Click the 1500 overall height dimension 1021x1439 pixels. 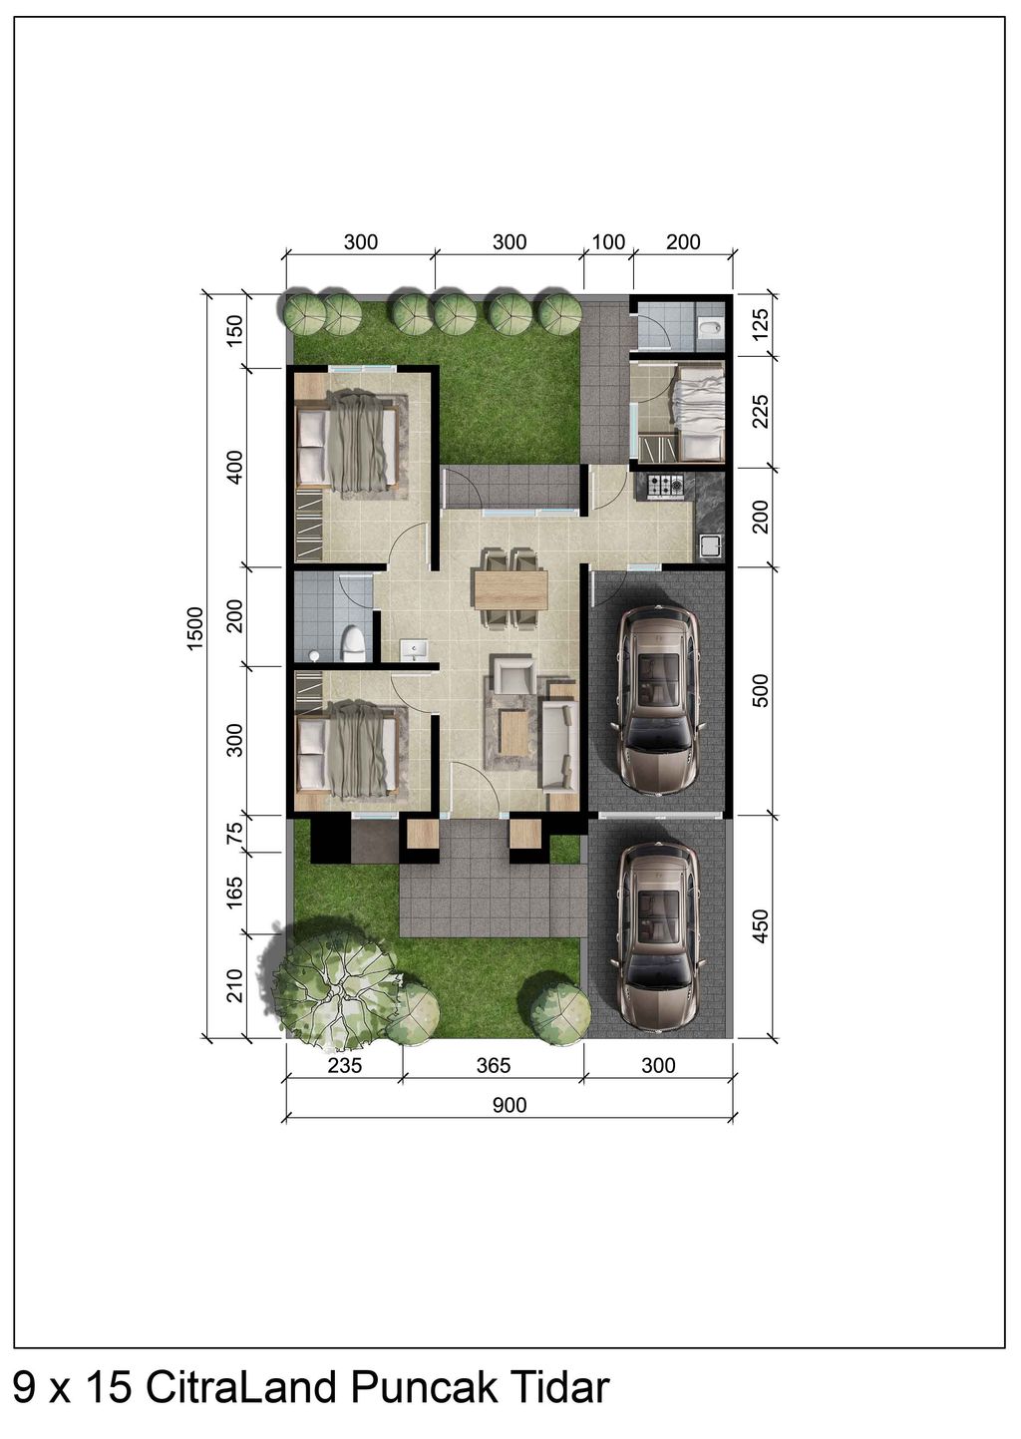(x=194, y=628)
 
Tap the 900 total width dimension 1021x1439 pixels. (x=510, y=1105)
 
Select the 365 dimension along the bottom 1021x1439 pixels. (x=494, y=1065)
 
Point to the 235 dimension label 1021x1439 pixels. (x=345, y=1065)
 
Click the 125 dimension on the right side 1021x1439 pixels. (x=760, y=325)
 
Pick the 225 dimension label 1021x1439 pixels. (x=760, y=412)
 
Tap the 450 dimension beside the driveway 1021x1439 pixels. (x=760, y=925)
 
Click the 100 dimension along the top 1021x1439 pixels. (x=608, y=242)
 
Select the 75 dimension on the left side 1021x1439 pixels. (x=235, y=834)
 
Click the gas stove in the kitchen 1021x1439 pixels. (x=666, y=486)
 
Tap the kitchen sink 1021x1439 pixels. (x=711, y=546)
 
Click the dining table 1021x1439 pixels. (x=511, y=589)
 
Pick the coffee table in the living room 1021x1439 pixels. (x=513, y=732)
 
